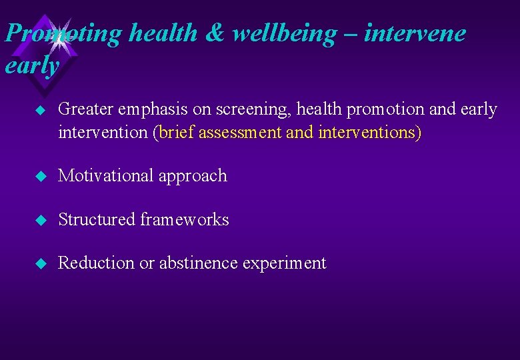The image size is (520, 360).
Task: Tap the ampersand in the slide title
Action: click(x=214, y=33)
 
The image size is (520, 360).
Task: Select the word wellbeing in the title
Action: click(x=287, y=33)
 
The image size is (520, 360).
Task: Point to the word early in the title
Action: click(x=31, y=65)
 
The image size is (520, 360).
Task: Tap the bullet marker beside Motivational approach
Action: click(x=40, y=177)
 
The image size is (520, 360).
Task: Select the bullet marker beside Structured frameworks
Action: click(x=40, y=220)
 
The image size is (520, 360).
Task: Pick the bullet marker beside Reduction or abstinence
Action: click(x=40, y=264)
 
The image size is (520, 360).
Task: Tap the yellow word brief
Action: click(x=177, y=132)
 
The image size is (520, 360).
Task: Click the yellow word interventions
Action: click(x=367, y=132)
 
